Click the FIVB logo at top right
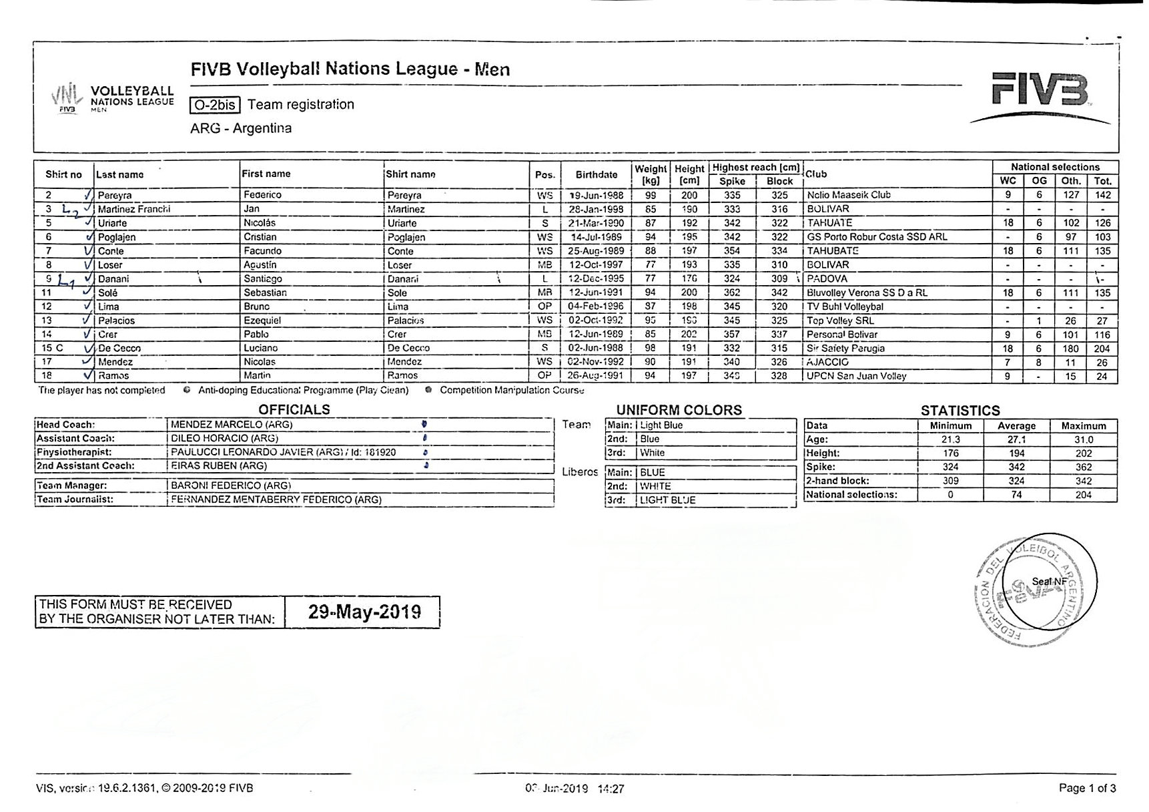point(1040,93)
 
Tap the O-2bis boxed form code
point(215,105)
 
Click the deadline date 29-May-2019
point(364,612)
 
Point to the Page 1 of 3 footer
point(1087,788)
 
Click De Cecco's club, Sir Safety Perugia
point(845,348)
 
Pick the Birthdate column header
point(596,174)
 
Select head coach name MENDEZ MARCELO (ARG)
point(232,425)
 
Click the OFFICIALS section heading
point(294,409)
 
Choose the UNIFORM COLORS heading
point(679,409)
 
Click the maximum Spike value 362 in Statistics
point(1083,467)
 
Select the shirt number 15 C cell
point(53,348)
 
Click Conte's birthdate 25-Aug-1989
point(596,251)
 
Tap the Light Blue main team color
point(661,425)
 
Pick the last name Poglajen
point(117,237)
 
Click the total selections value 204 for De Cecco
point(1102,348)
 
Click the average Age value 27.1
point(1016,439)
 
